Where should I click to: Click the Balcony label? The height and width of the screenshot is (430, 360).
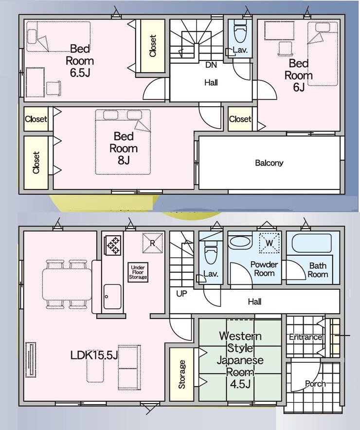tap(269, 163)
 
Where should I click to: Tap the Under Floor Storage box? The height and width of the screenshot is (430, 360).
tap(138, 272)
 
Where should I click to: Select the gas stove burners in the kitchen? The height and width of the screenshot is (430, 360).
tap(112, 245)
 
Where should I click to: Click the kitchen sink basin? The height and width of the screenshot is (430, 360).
tap(112, 297)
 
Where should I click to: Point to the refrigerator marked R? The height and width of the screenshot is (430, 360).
tap(153, 243)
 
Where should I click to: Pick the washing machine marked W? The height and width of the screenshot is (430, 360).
tap(270, 243)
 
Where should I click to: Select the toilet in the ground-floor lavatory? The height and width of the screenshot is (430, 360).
tap(211, 252)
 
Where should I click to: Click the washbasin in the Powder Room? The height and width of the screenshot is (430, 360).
tap(240, 242)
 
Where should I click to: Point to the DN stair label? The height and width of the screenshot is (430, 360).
tap(211, 65)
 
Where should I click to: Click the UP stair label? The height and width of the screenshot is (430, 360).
tap(181, 294)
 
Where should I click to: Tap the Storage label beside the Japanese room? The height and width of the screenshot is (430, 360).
tap(181, 374)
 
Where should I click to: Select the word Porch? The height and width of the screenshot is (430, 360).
tap(315, 384)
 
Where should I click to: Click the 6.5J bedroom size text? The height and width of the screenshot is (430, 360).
tap(80, 73)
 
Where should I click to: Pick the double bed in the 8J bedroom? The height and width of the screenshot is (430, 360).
tap(123, 142)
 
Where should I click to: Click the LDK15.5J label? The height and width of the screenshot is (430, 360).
tap(94, 355)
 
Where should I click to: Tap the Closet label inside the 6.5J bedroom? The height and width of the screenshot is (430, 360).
tap(153, 46)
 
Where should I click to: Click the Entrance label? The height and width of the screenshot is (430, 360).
tap(306, 337)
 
